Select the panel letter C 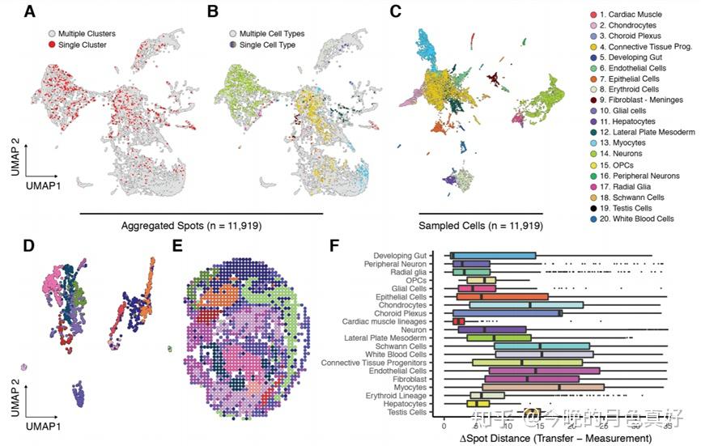click(x=395, y=12)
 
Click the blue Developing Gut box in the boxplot click(x=492, y=256)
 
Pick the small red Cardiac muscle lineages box click(x=458, y=321)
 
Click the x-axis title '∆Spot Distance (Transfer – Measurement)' click(x=556, y=438)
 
